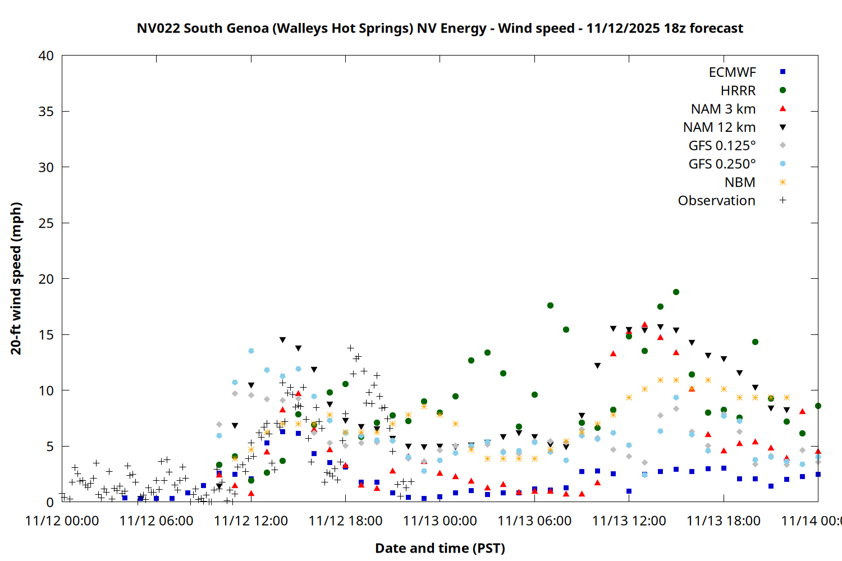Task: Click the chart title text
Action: [440, 28]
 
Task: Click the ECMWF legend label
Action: [732, 72]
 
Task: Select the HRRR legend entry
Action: [738, 91]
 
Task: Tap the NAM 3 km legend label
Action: [723, 109]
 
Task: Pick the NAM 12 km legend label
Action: [719, 127]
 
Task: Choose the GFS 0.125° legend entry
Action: [722, 146]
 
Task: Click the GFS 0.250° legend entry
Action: [722, 164]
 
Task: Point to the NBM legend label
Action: [740, 182]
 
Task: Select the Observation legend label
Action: [716, 201]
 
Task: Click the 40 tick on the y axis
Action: [46, 56]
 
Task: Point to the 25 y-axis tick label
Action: [46, 223]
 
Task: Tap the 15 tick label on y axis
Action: [46, 335]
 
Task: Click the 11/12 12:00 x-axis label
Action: [251, 521]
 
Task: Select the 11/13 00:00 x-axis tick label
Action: [440, 521]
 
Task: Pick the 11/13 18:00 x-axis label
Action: [724, 521]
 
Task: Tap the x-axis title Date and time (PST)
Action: [440, 548]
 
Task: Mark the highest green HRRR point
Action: [676, 292]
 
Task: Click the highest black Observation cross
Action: [351, 348]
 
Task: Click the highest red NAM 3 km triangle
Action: [644, 325]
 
